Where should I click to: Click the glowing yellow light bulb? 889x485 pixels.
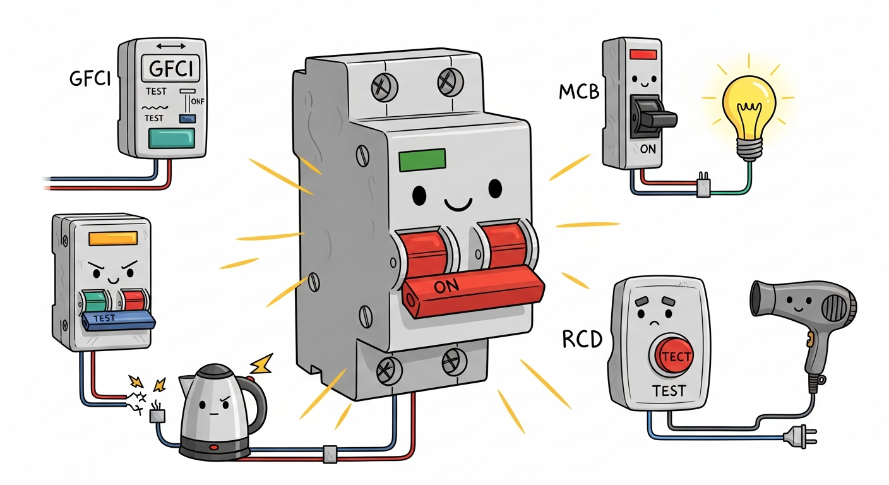749,115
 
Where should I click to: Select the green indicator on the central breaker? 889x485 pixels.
422,160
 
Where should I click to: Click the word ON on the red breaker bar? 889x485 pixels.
446,286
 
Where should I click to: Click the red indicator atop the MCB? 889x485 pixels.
643,54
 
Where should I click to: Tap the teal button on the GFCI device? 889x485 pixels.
172,138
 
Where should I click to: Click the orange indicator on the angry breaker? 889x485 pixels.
113,239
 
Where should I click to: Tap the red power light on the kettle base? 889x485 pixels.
214,447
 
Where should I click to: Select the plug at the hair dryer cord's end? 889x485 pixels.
800,437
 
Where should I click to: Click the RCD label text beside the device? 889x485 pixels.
582,340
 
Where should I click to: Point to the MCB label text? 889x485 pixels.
579,92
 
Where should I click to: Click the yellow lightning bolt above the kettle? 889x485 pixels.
261,364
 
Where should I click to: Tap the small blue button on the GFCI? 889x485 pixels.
188,118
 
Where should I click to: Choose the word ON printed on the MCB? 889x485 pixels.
648,149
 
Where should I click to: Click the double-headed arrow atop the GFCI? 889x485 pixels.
171,46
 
